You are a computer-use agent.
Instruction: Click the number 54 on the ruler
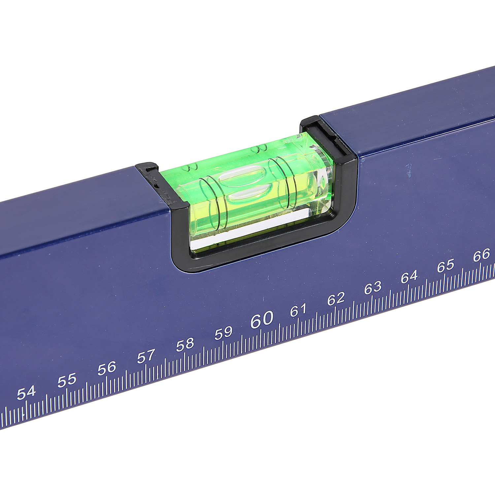point(26,393)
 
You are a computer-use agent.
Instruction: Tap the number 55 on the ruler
point(67,380)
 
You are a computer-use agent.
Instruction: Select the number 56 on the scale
point(107,368)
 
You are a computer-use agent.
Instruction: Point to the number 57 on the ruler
point(146,356)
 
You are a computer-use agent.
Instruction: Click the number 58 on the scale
point(185,345)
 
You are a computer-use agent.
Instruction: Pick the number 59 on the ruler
point(223,333)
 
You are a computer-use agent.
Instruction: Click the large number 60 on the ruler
point(262,319)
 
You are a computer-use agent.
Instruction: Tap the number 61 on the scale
point(299,310)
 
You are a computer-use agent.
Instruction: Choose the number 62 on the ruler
point(336,299)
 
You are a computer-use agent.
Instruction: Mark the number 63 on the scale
point(373,288)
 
